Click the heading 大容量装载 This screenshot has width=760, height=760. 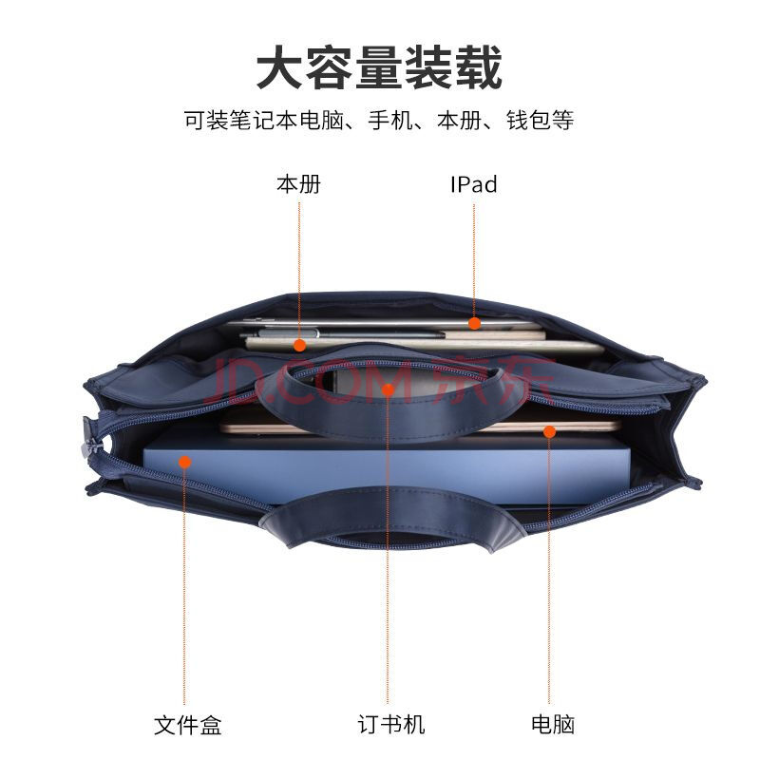pos(379,67)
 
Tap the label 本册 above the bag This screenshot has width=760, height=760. pos(298,184)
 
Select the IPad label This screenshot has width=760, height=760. pos(473,184)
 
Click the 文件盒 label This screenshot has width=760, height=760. pos(187,725)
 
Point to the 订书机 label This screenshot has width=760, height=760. pos(391,725)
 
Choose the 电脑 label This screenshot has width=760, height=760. pos(553,725)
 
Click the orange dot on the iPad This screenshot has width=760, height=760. pos(474,323)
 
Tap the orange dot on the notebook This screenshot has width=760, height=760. pos(299,346)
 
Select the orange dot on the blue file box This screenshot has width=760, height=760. pos(184,462)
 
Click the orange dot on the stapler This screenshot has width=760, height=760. pos(388,389)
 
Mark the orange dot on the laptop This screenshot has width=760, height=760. pos(549,431)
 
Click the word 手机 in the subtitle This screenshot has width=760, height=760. pos(390,120)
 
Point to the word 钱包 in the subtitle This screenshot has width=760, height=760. pos(529,120)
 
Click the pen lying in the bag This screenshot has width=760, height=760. pos(349,333)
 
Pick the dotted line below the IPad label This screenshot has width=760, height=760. pos(474,260)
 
